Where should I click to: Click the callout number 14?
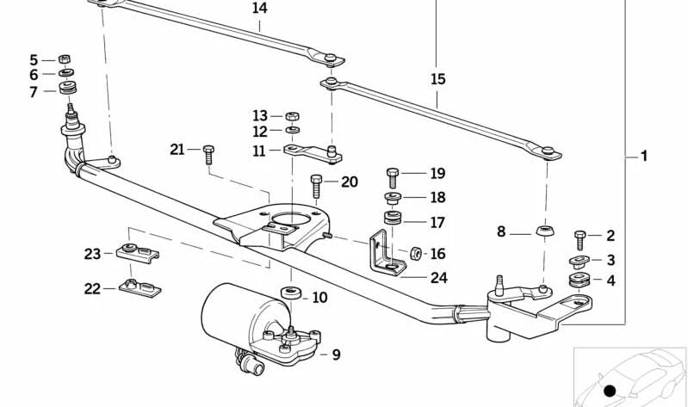[259, 9]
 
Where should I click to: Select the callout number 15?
[437, 79]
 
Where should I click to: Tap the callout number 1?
[643, 157]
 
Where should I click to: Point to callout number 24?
[438, 277]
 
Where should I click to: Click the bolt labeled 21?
[208, 155]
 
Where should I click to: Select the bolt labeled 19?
[394, 176]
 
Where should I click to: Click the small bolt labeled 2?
[580, 236]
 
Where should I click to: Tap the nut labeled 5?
[64, 59]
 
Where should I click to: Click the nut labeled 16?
[413, 253]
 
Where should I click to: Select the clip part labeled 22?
[139, 286]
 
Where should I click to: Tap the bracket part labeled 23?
[138, 253]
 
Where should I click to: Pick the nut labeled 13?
[291, 115]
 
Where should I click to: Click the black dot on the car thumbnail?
[610, 391]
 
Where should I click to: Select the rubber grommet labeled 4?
[578, 281]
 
